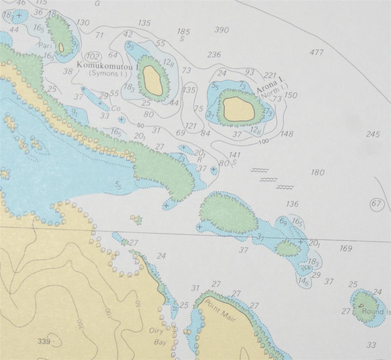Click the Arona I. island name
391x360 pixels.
[x=271, y=85]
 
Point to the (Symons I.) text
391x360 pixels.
[x=108, y=74]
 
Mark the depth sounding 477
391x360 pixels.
[x=316, y=52]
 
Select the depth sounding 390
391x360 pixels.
[x=222, y=30]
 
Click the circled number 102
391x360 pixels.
[x=93, y=57]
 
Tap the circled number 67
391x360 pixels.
[x=376, y=204]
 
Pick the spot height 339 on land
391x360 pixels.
[x=44, y=341]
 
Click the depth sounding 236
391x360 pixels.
[x=214, y=54]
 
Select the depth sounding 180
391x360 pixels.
[x=317, y=172]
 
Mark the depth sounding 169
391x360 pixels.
[x=345, y=249]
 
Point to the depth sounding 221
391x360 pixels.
[x=270, y=76]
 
